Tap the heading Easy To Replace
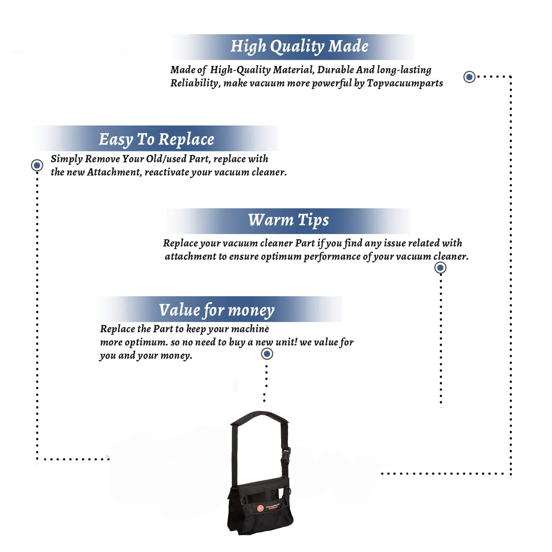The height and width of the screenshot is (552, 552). pyautogui.click(x=156, y=139)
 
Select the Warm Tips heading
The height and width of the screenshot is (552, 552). pyautogui.click(x=289, y=220)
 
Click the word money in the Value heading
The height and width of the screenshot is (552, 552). pyautogui.click(x=251, y=311)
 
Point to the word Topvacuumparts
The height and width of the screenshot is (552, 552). pyautogui.click(x=405, y=84)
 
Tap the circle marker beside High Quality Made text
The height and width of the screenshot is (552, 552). pyautogui.click(x=469, y=77)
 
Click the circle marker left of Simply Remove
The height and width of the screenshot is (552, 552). pyautogui.click(x=37, y=165)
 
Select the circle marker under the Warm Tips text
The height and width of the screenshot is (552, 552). pyautogui.click(x=440, y=268)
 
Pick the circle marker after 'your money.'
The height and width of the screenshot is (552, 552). pyautogui.click(x=267, y=354)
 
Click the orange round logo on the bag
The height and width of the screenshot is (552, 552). pyautogui.click(x=261, y=509)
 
